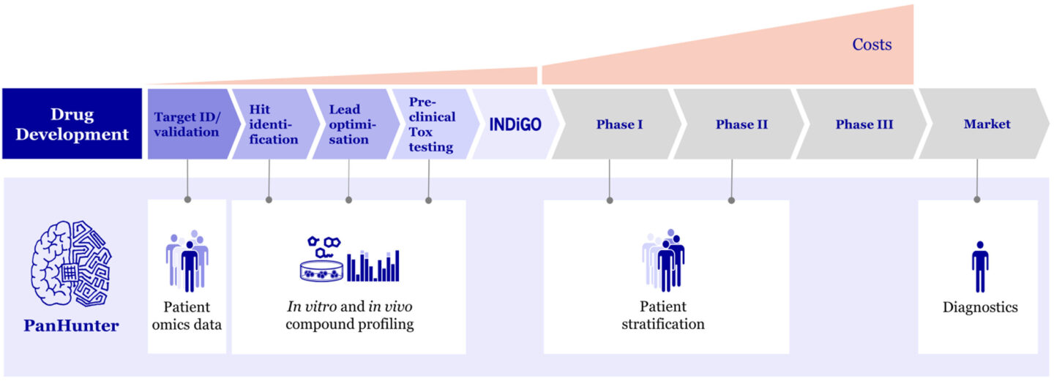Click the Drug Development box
pyautogui.click(x=72, y=124)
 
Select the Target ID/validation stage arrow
pyautogui.click(x=187, y=124)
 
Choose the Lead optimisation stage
pyautogui.click(x=349, y=124)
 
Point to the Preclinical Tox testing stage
pyautogui.click(x=430, y=124)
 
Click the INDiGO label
pyautogui.click(x=515, y=124)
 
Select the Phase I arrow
pyautogui.click(x=618, y=124)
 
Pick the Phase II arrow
pyautogui.click(x=741, y=124)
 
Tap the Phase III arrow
pyautogui.click(x=864, y=124)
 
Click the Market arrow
pyautogui.click(x=986, y=124)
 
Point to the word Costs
pyautogui.click(x=871, y=45)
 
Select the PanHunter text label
pyautogui.click(x=71, y=325)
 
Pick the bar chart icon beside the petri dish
pyautogui.click(x=373, y=266)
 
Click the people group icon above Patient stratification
pyautogui.click(x=663, y=260)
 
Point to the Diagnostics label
pyautogui.click(x=980, y=307)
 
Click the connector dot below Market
pyautogui.click(x=977, y=199)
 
